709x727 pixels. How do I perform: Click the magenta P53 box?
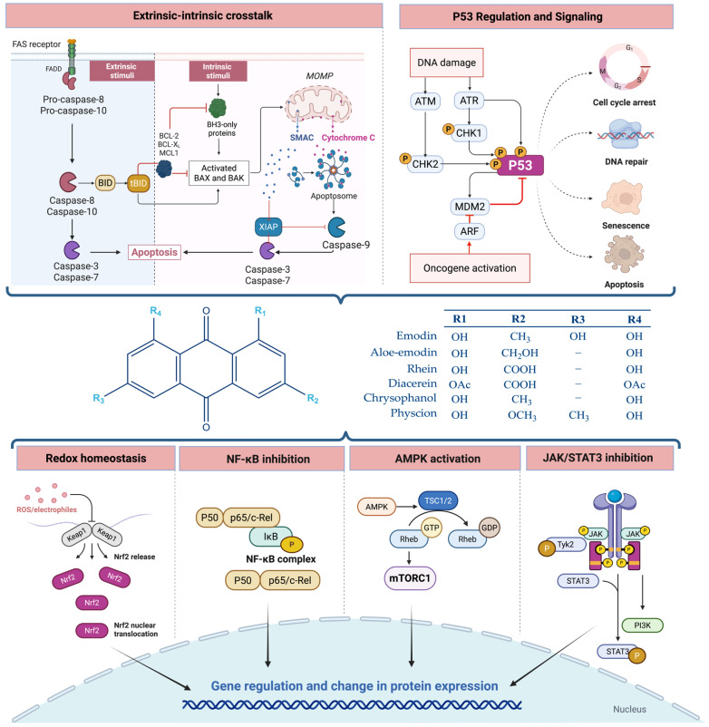(x=520, y=166)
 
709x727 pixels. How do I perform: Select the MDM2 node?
(x=470, y=207)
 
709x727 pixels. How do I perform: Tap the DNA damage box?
(x=447, y=63)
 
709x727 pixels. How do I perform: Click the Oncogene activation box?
(x=470, y=268)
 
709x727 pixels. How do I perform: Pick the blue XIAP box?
(x=268, y=227)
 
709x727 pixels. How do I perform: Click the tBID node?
(x=139, y=183)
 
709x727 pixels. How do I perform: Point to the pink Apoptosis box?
(x=154, y=252)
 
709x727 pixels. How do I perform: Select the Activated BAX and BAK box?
(x=219, y=173)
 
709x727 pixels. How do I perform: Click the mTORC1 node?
(x=410, y=578)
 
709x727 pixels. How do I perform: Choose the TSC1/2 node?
(x=438, y=500)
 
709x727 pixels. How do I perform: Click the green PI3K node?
(x=642, y=625)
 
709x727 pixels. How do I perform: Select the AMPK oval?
(x=376, y=507)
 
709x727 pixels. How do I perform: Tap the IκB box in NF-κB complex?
(x=271, y=537)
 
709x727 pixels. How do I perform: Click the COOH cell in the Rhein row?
(x=520, y=370)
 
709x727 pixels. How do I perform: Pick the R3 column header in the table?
(x=578, y=319)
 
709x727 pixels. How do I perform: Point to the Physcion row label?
(x=413, y=413)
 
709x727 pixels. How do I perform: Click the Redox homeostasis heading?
(x=96, y=458)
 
